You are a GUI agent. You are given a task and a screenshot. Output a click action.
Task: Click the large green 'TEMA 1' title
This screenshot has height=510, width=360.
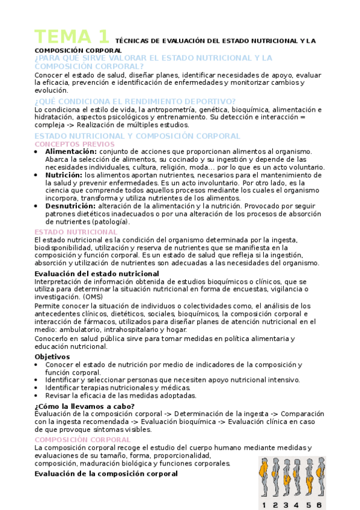coord(72,37)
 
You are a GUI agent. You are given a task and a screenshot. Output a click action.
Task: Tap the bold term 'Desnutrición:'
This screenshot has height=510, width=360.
coord(70,206)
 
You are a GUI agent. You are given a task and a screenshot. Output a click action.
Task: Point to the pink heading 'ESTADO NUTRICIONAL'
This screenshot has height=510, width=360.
coord(76,232)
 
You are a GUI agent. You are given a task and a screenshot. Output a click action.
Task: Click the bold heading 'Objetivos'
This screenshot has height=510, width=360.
coord(52,357)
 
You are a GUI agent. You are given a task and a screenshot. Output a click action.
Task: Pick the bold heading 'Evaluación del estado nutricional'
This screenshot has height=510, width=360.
coord(97,274)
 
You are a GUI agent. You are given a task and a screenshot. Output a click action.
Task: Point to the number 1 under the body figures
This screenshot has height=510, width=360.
coord(264,505)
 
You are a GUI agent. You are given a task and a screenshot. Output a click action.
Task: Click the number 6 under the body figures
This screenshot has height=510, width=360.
coord(319,505)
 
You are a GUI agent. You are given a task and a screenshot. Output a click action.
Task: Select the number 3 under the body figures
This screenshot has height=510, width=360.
coord(286,505)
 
